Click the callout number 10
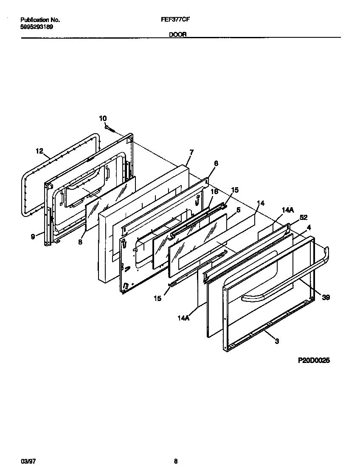103,118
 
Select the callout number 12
39,151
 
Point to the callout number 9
33,237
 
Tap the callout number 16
214,192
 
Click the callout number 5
238,209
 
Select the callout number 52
304,217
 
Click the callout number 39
326,297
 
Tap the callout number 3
277,341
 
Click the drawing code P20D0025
313,360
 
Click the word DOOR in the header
178,35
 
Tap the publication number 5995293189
37,26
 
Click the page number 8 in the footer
175,461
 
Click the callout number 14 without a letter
261,203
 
